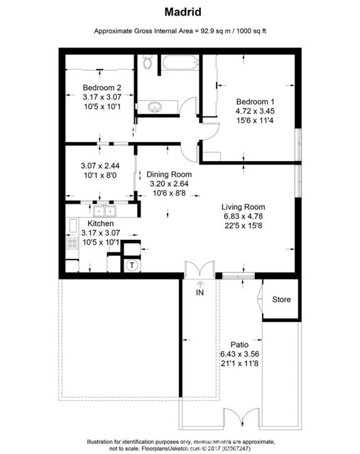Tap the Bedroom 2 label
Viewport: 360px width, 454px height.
(x=102, y=88)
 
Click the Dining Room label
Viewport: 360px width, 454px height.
(x=169, y=172)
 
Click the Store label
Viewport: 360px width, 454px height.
(x=282, y=299)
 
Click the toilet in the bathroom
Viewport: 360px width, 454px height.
(x=148, y=65)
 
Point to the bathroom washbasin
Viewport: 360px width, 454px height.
(x=155, y=108)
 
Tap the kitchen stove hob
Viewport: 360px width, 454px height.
(x=72, y=243)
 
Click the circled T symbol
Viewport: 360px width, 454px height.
(x=132, y=265)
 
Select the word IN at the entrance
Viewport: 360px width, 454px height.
(x=200, y=292)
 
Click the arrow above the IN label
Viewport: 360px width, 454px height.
(x=200, y=283)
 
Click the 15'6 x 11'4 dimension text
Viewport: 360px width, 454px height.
(x=256, y=121)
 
